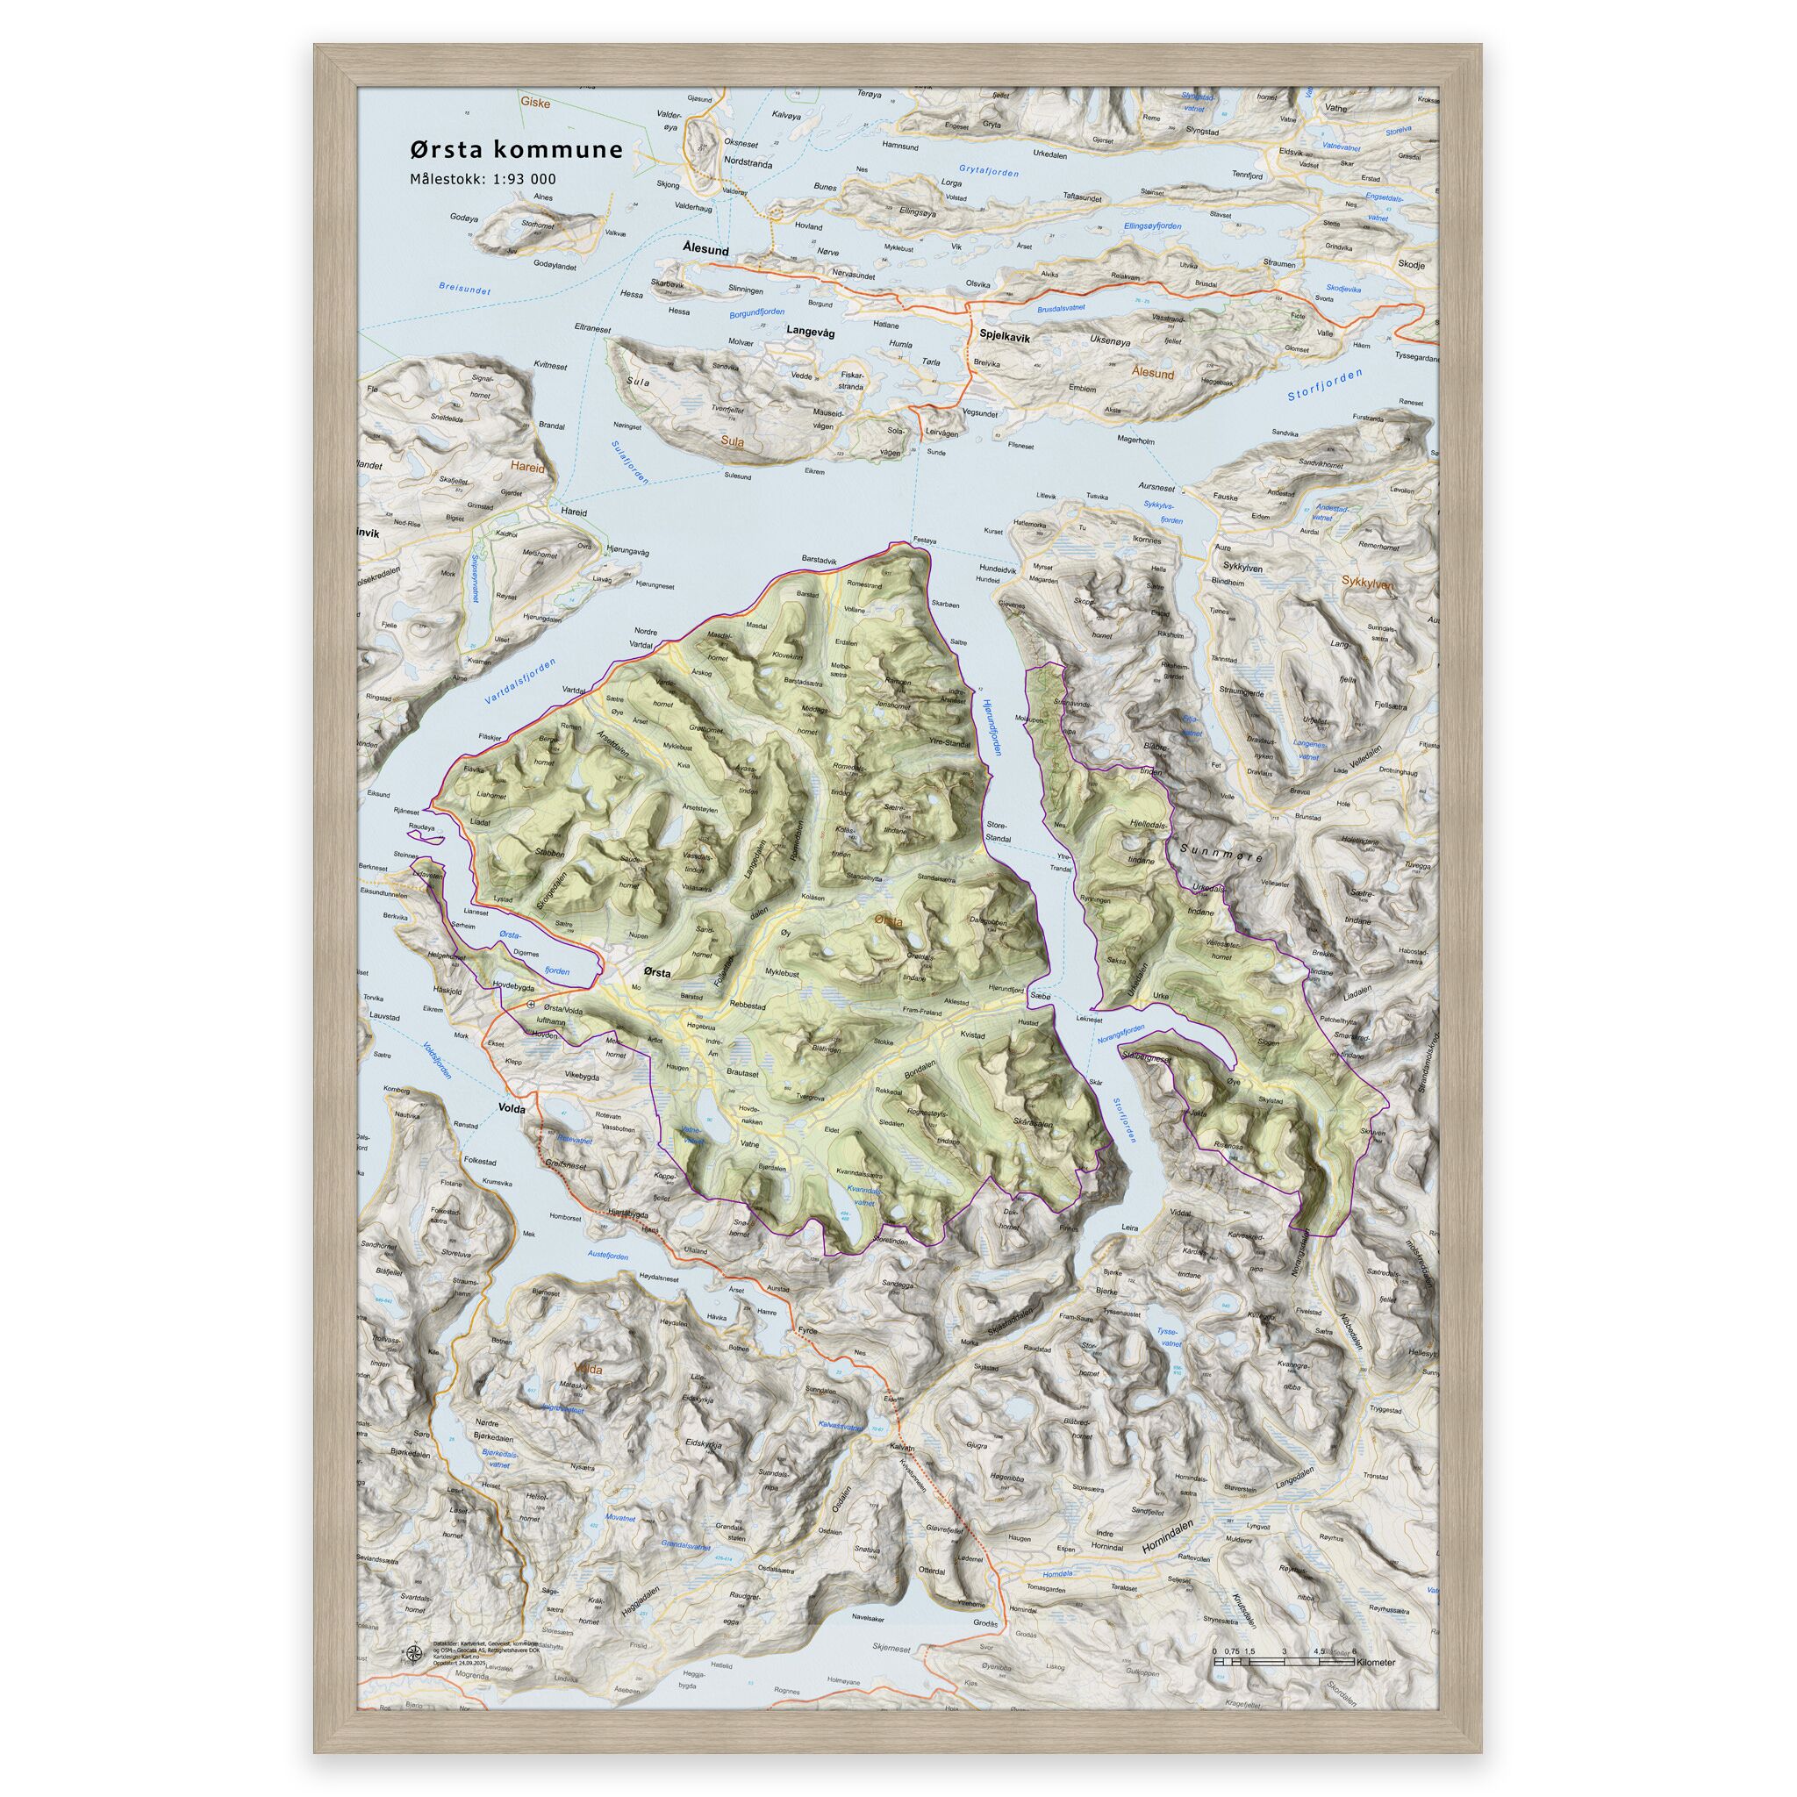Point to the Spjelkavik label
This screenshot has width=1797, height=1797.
[1005, 340]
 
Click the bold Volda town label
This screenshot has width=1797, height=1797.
[512, 1109]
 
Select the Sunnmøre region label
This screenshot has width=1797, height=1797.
[1221, 852]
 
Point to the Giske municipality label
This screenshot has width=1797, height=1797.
[535, 104]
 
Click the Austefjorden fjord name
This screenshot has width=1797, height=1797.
[608, 1256]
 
